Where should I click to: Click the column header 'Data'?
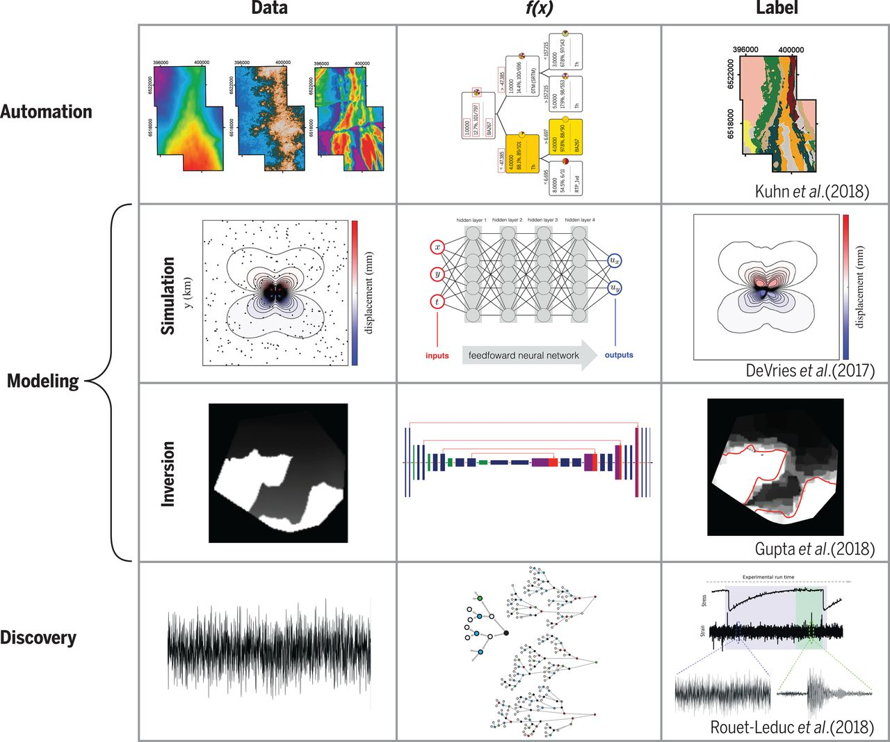click(x=269, y=9)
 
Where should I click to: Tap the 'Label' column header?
click(x=777, y=9)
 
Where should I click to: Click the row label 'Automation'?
click(x=47, y=112)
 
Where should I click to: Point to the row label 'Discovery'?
click(x=38, y=638)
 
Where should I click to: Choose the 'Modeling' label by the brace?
click(x=43, y=381)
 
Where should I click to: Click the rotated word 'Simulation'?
click(x=168, y=296)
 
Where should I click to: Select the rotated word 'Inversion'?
click(x=168, y=473)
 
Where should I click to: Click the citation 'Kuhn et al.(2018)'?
click(x=812, y=191)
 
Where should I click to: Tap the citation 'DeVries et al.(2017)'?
click(x=810, y=370)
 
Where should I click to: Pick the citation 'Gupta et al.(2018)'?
click(x=814, y=548)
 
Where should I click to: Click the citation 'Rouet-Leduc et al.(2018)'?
click(x=792, y=727)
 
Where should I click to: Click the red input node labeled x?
click(x=438, y=246)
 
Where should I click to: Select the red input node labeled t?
click(x=438, y=301)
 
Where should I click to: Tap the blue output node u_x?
click(x=614, y=260)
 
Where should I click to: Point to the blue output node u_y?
click(x=614, y=287)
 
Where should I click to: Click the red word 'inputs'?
click(x=437, y=356)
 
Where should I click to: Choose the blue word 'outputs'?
click(x=619, y=355)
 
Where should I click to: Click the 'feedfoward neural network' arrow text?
click(x=524, y=356)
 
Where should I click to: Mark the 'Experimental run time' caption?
click(x=768, y=577)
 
